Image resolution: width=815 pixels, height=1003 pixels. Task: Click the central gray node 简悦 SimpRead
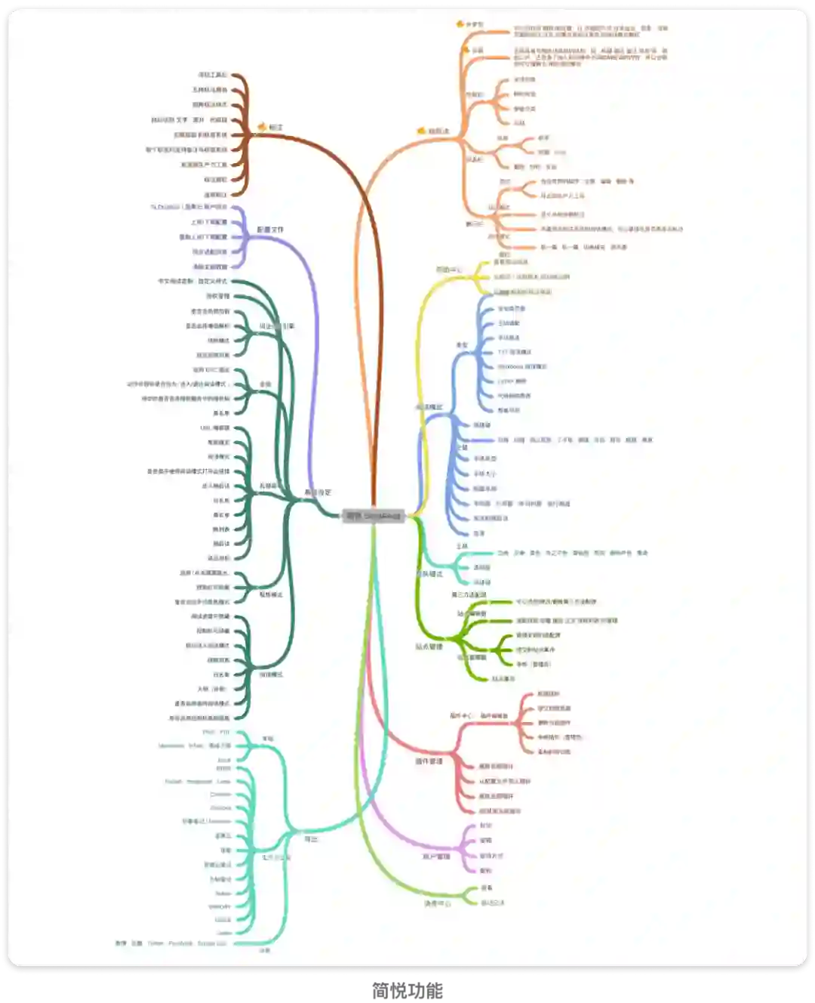click(x=374, y=517)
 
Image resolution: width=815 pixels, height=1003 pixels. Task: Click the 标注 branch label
click(x=276, y=128)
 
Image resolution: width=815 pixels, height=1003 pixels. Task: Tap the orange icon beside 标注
click(x=262, y=127)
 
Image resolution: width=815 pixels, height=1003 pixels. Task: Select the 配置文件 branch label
click(x=270, y=230)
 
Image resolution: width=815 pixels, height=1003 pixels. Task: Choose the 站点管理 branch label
click(x=429, y=647)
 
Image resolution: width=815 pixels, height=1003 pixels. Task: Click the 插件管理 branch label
click(x=429, y=761)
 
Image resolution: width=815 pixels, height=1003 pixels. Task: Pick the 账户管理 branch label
click(x=435, y=856)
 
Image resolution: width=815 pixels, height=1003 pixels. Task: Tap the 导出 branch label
click(x=311, y=839)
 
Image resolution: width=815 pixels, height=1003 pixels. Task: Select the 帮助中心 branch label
click(x=448, y=270)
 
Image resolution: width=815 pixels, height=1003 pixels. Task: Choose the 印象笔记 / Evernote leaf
click(x=207, y=822)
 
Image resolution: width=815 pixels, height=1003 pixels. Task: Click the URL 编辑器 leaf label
click(x=215, y=428)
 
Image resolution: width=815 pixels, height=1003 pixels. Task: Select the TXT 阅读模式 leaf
click(x=515, y=352)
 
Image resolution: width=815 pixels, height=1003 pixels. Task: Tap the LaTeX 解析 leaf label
click(x=512, y=381)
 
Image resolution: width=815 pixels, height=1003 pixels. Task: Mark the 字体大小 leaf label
click(x=484, y=474)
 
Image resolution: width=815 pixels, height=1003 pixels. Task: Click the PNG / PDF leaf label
click(x=217, y=733)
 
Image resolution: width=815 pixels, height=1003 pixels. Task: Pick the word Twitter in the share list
click(x=155, y=943)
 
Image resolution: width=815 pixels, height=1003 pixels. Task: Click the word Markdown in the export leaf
click(x=171, y=746)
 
